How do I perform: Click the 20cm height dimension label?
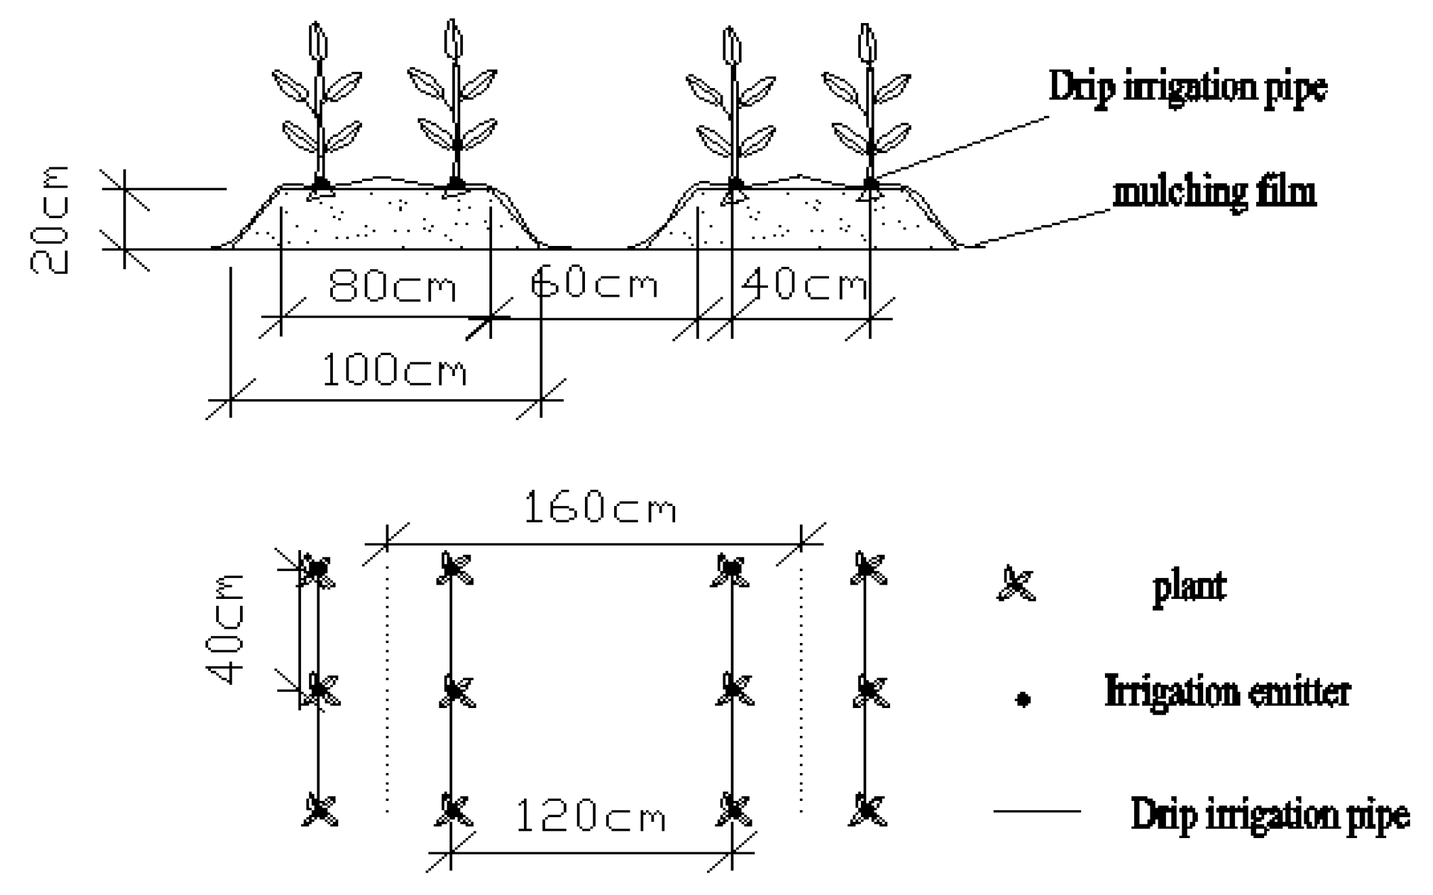click(49, 220)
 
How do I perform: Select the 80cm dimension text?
click(392, 286)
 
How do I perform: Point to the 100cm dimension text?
click(394, 371)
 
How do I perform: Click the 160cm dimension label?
click(600, 508)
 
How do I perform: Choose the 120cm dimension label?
click(590, 816)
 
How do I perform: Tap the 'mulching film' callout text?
click(1214, 192)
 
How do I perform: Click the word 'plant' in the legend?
click(1189, 587)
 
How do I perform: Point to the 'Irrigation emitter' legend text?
click(1227, 692)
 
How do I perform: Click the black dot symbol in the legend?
click(1023, 699)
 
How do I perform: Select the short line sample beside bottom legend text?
click(1036, 810)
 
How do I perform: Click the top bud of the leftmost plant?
click(317, 41)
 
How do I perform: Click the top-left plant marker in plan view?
click(317, 569)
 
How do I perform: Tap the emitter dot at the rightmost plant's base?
click(871, 184)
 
